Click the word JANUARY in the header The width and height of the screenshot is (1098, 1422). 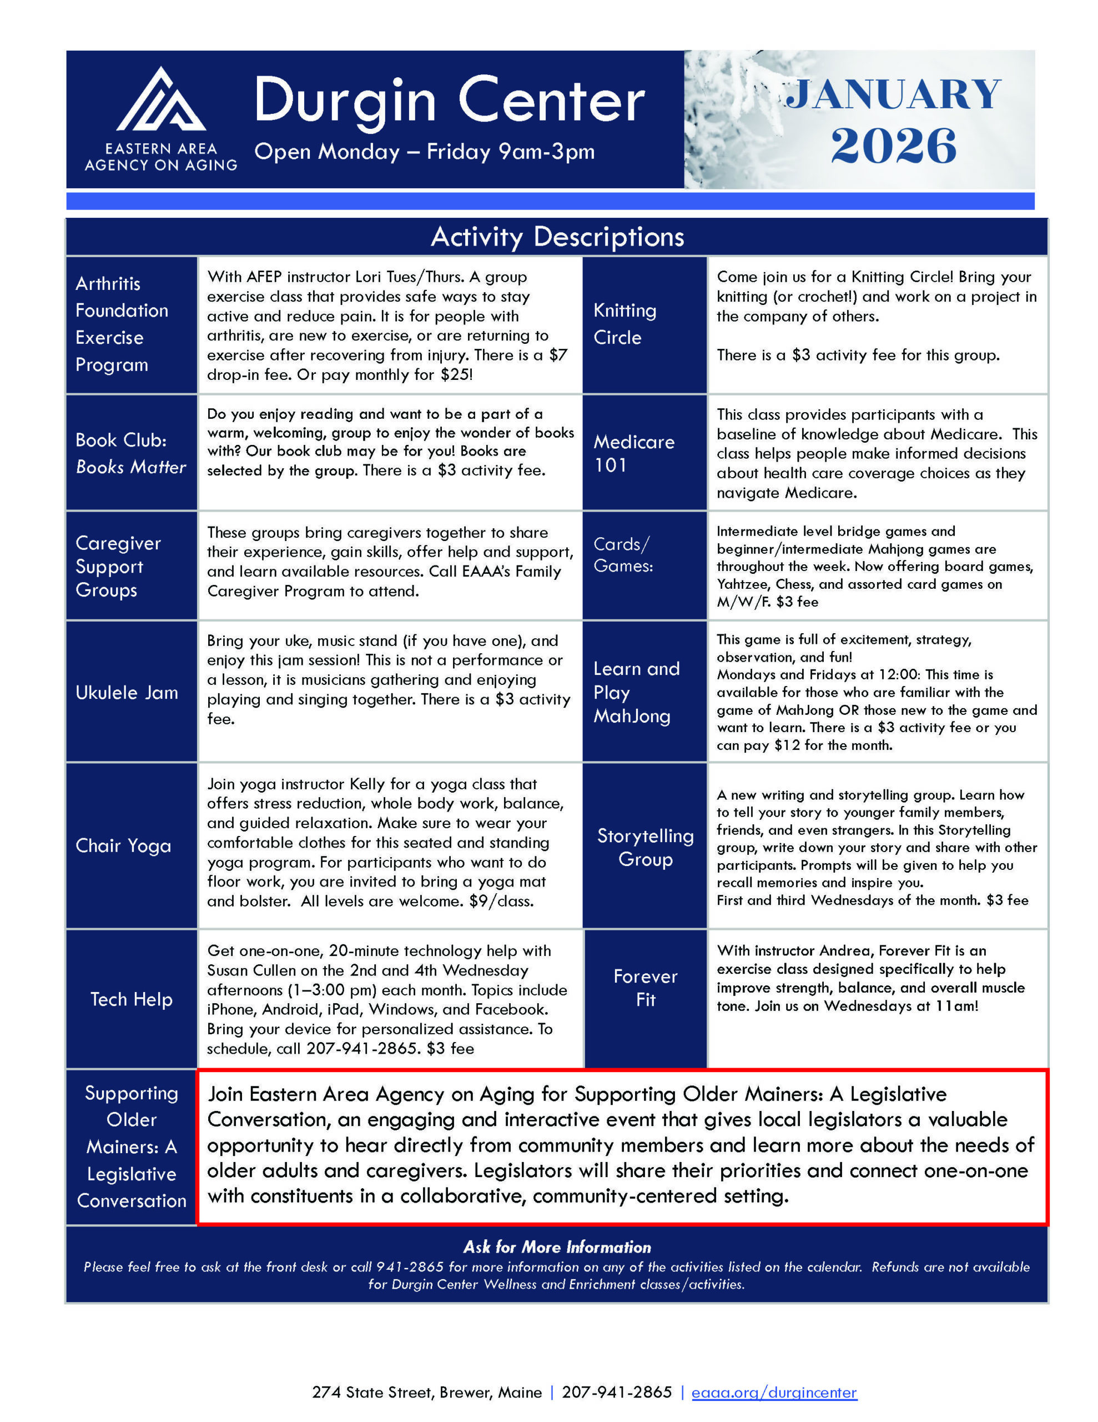pos(893,94)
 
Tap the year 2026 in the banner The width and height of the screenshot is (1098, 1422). pos(893,146)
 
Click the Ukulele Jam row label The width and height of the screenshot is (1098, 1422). pos(127,692)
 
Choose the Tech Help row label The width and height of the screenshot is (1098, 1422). pos(132,999)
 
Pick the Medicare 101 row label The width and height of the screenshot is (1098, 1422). pos(633,453)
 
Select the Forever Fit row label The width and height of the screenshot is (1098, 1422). pos(645,988)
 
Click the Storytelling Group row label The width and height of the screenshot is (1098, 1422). pos(645,847)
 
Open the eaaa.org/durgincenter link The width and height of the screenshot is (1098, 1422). pos(774,1392)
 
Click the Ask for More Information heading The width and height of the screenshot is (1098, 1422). pos(557,1247)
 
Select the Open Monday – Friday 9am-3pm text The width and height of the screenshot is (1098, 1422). pos(424,152)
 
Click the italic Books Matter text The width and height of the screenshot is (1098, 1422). pos(131,467)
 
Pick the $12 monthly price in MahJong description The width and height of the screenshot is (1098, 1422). pos(787,745)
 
